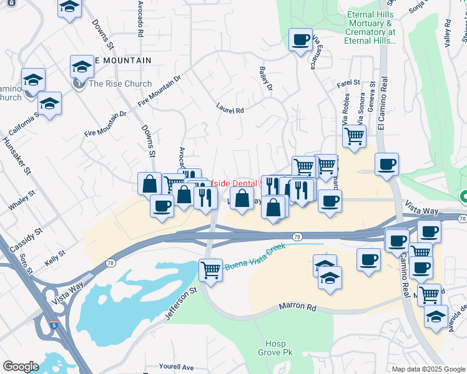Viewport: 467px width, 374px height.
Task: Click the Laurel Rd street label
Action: click(230, 110)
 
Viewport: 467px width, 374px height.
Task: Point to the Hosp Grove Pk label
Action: click(275, 348)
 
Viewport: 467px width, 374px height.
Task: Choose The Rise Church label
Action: click(120, 84)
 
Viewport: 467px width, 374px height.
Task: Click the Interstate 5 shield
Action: click(56, 324)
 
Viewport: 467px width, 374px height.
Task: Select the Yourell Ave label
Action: click(177, 367)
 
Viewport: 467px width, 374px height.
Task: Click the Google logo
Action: click(21, 367)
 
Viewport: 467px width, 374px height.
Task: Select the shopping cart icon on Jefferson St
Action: click(210, 270)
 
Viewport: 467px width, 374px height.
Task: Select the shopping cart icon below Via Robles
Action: click(354, 135)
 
